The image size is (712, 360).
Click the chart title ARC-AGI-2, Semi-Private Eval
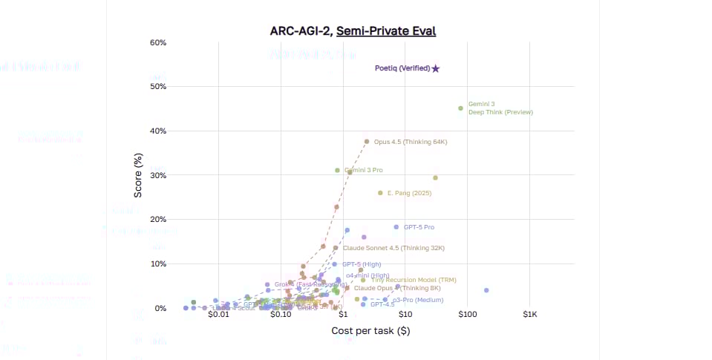[x=353, y=31]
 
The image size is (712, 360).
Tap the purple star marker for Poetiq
[x=436, y=68]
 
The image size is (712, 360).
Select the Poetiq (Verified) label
[x=402, y=68]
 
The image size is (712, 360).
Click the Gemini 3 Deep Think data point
[x=460, y=108]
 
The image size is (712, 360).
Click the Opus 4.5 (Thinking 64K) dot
[x=366, y=142]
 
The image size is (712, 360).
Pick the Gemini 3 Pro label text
[x=364, y=171]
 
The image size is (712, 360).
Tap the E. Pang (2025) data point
[x=380, y=193]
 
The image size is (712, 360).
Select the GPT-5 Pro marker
[x=396, y=227]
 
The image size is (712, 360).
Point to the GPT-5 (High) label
[x=362, y=264]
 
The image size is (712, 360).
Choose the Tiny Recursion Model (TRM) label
[x=408, y=280]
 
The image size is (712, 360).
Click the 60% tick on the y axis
[x=158, y=42]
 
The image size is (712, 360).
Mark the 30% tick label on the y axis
[x=158, y=175]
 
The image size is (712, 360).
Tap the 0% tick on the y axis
[x=160, y=308]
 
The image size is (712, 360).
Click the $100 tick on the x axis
[x=467, y=315]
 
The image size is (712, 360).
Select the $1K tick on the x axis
[x=529, y=315]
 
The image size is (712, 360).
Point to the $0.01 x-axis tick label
[x=218, y=315]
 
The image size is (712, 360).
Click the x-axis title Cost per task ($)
[x=370, y=330]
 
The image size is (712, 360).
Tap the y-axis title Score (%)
[x=137, y=175]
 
